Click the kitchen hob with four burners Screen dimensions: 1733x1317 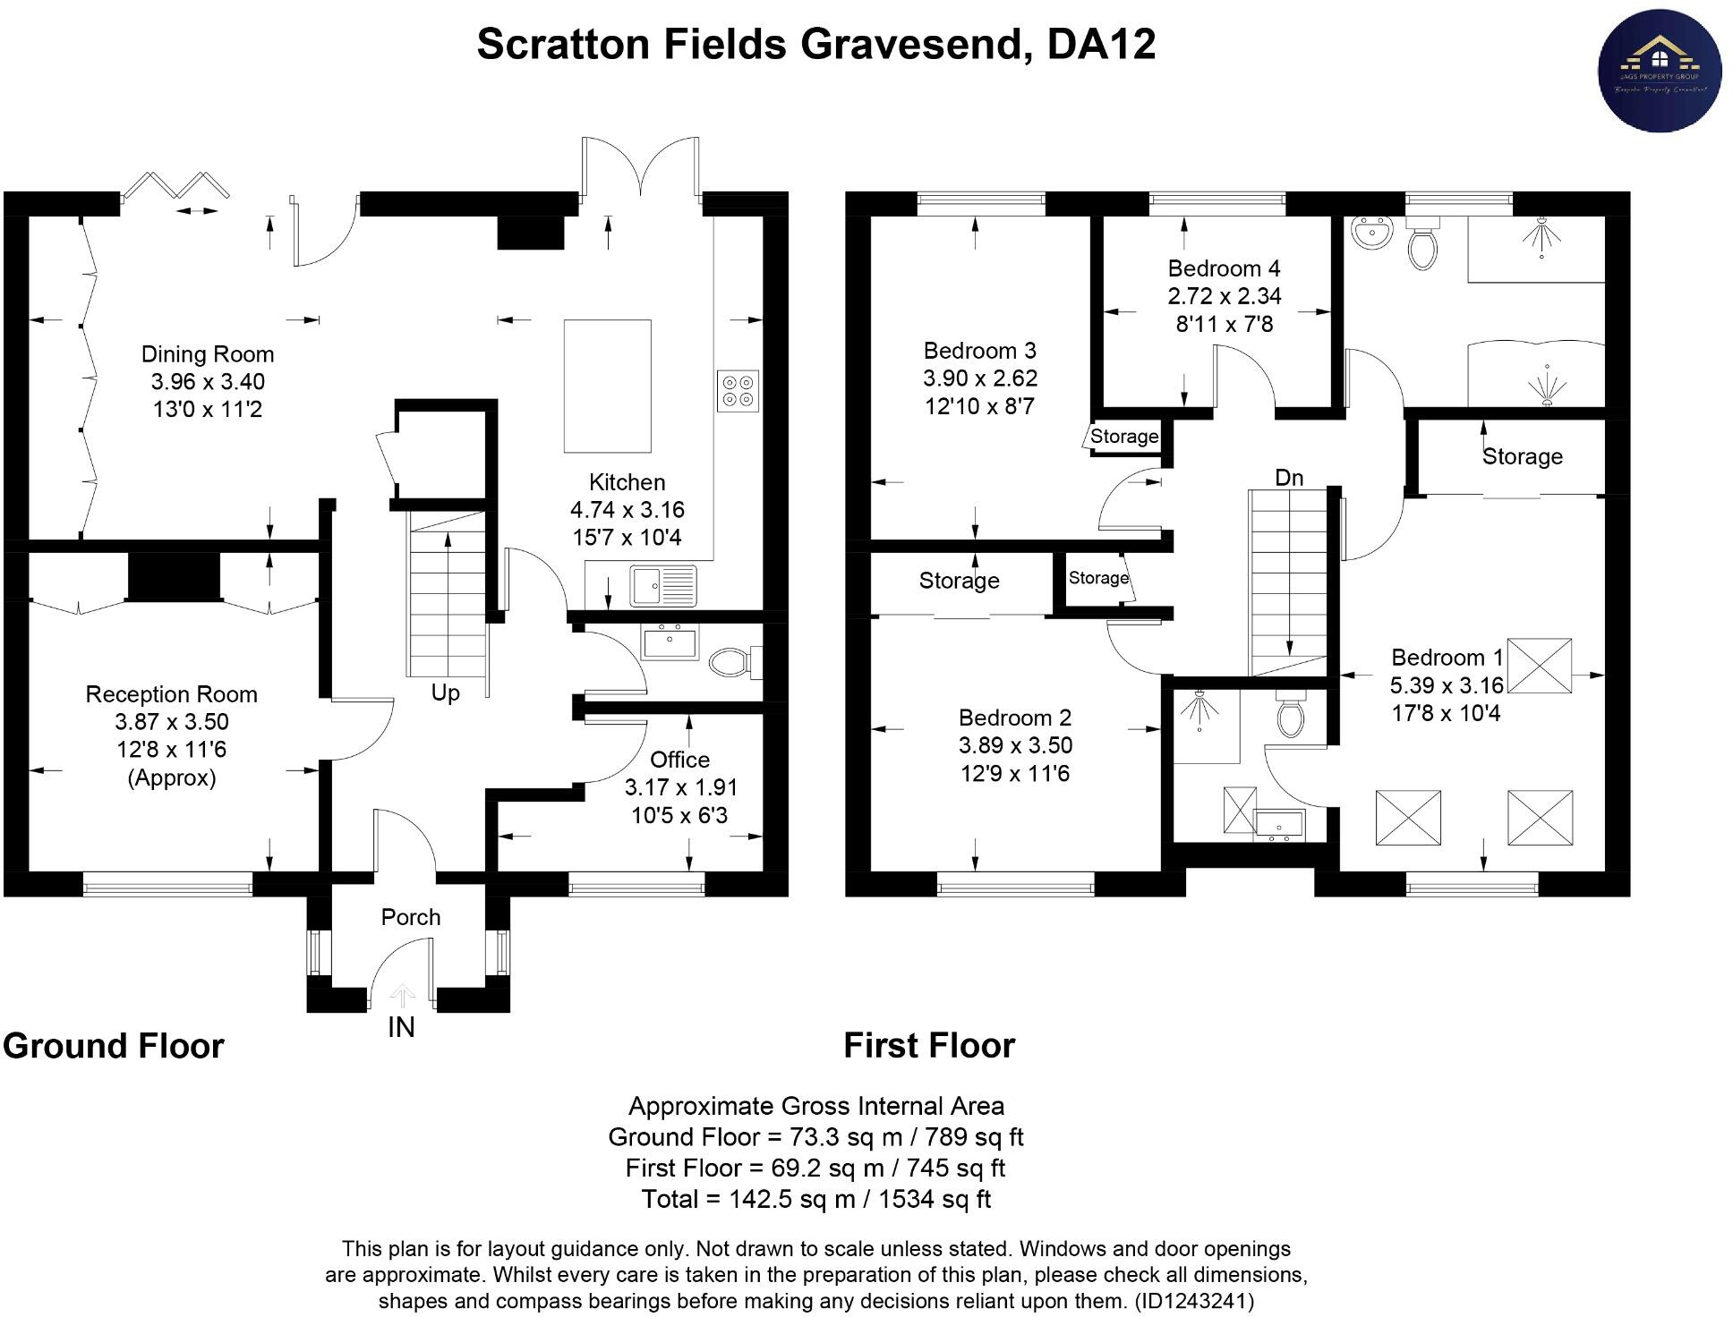[738, 391]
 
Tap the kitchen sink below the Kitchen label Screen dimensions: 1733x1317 [662, 587]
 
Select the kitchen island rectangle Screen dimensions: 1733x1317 [607, 386]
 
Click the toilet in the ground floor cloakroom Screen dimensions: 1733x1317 [730, 663]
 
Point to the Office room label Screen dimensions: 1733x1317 [679, 760]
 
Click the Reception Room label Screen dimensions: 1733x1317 [171, 694]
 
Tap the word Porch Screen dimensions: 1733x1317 [411, 917]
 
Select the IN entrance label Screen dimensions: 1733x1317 [401, 1028]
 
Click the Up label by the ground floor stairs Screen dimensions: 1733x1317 [445, 692]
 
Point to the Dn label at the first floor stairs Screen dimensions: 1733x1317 [1289, 478]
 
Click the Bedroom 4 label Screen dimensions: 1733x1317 [1224, 268]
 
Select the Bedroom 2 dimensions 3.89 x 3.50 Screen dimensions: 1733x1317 [1015, 745]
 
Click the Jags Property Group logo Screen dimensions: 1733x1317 [1660, 71]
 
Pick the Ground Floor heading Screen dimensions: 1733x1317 [114, 1046]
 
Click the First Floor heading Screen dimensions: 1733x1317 [929, 1045]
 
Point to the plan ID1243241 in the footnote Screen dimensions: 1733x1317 [1194, 1301]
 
